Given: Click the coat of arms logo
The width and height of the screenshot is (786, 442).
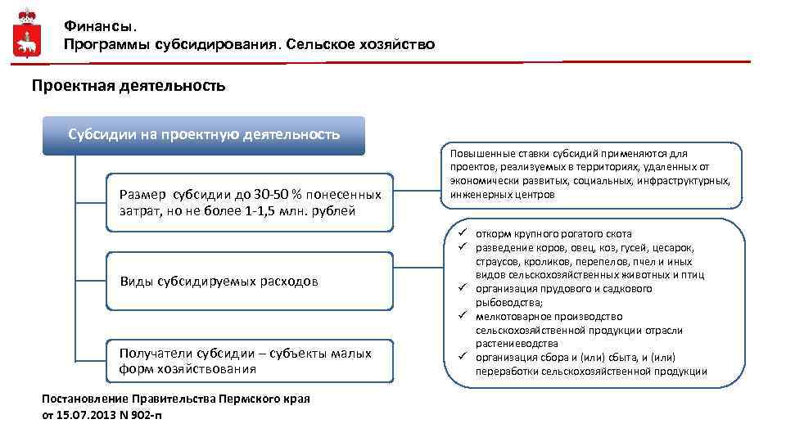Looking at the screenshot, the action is click(27, 34).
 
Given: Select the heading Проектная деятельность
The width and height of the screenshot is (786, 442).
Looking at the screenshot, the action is click(128, 85).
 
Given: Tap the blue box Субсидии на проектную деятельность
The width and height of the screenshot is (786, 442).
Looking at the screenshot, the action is click(204, 134).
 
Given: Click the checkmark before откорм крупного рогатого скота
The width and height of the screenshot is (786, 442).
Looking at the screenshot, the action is click(462, 233).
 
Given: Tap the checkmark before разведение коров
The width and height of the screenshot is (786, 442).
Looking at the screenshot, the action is click(462, 247).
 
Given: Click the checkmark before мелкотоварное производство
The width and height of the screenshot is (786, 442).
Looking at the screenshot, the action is click(462, 316).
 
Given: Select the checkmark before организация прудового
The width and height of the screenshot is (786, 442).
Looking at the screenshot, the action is click(462, 288).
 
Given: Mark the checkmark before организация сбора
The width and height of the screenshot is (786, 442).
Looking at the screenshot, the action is click(462, 357).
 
